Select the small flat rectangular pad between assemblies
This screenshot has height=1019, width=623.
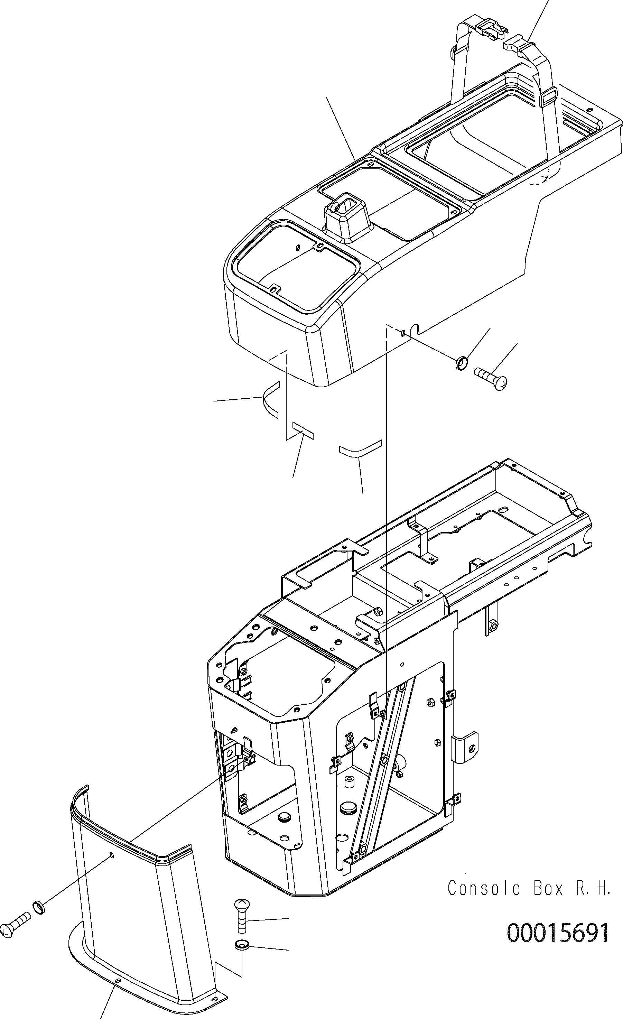point(303,430)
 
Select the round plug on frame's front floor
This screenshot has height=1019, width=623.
point(284,816)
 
